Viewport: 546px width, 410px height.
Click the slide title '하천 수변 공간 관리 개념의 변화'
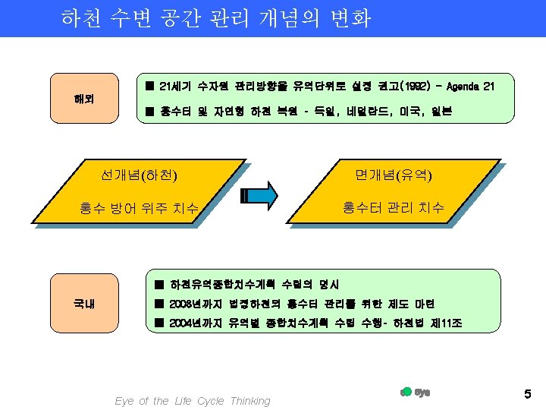pyautogui.click(x=216, y=18)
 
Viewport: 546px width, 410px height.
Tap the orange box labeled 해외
pyautogui.click(x=84, y=98)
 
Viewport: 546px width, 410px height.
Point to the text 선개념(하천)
pyautogui.click(x=140, y=176)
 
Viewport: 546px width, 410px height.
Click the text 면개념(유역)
pyautogui.click(x=394, y=176)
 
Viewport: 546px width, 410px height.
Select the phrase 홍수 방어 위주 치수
pyautogui.click(x=140, y=207)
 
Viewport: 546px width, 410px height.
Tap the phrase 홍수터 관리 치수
pyautogui.click(x=394, y=207)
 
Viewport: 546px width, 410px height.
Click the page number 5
pyautogui.click(x=527, y=393)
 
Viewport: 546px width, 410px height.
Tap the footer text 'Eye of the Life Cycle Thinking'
pyautogui.click(x=192, y=401)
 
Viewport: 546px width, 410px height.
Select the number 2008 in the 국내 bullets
pyautogui.click(x=183, y=304)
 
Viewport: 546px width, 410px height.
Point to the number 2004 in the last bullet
pyautogui.click(x=183, y=323)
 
